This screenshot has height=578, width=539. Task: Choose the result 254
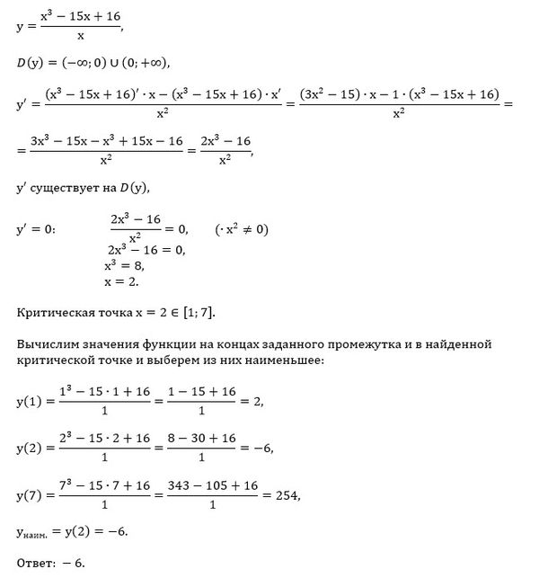287,495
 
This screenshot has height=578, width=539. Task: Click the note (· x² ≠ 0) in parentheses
242,229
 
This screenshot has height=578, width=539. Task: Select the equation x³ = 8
124,266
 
